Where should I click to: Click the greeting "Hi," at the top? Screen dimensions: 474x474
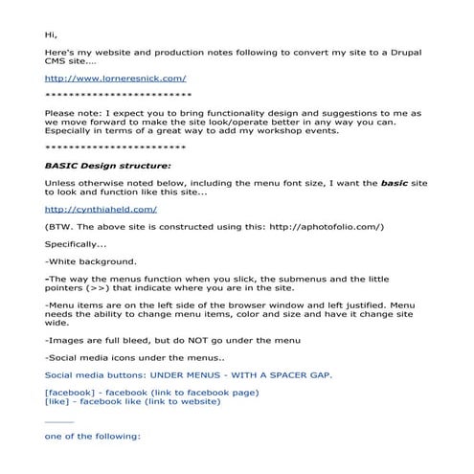[x=51, y=34]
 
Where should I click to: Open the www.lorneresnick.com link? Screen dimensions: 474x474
[x=116, y=78]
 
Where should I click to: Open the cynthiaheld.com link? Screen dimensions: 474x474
[x=101, y=208]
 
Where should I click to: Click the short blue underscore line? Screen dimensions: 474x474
[x=58, y=419]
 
